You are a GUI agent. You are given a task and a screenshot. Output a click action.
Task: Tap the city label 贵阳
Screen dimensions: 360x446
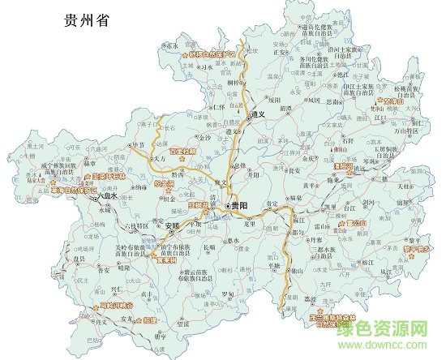point(239,207)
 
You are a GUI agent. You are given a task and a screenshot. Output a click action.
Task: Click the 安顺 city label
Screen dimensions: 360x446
point(194,225)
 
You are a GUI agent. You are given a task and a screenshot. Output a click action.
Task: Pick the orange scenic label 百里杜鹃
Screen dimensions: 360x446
point(183,151)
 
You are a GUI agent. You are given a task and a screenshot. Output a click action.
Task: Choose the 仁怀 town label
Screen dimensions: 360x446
point(217,107)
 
